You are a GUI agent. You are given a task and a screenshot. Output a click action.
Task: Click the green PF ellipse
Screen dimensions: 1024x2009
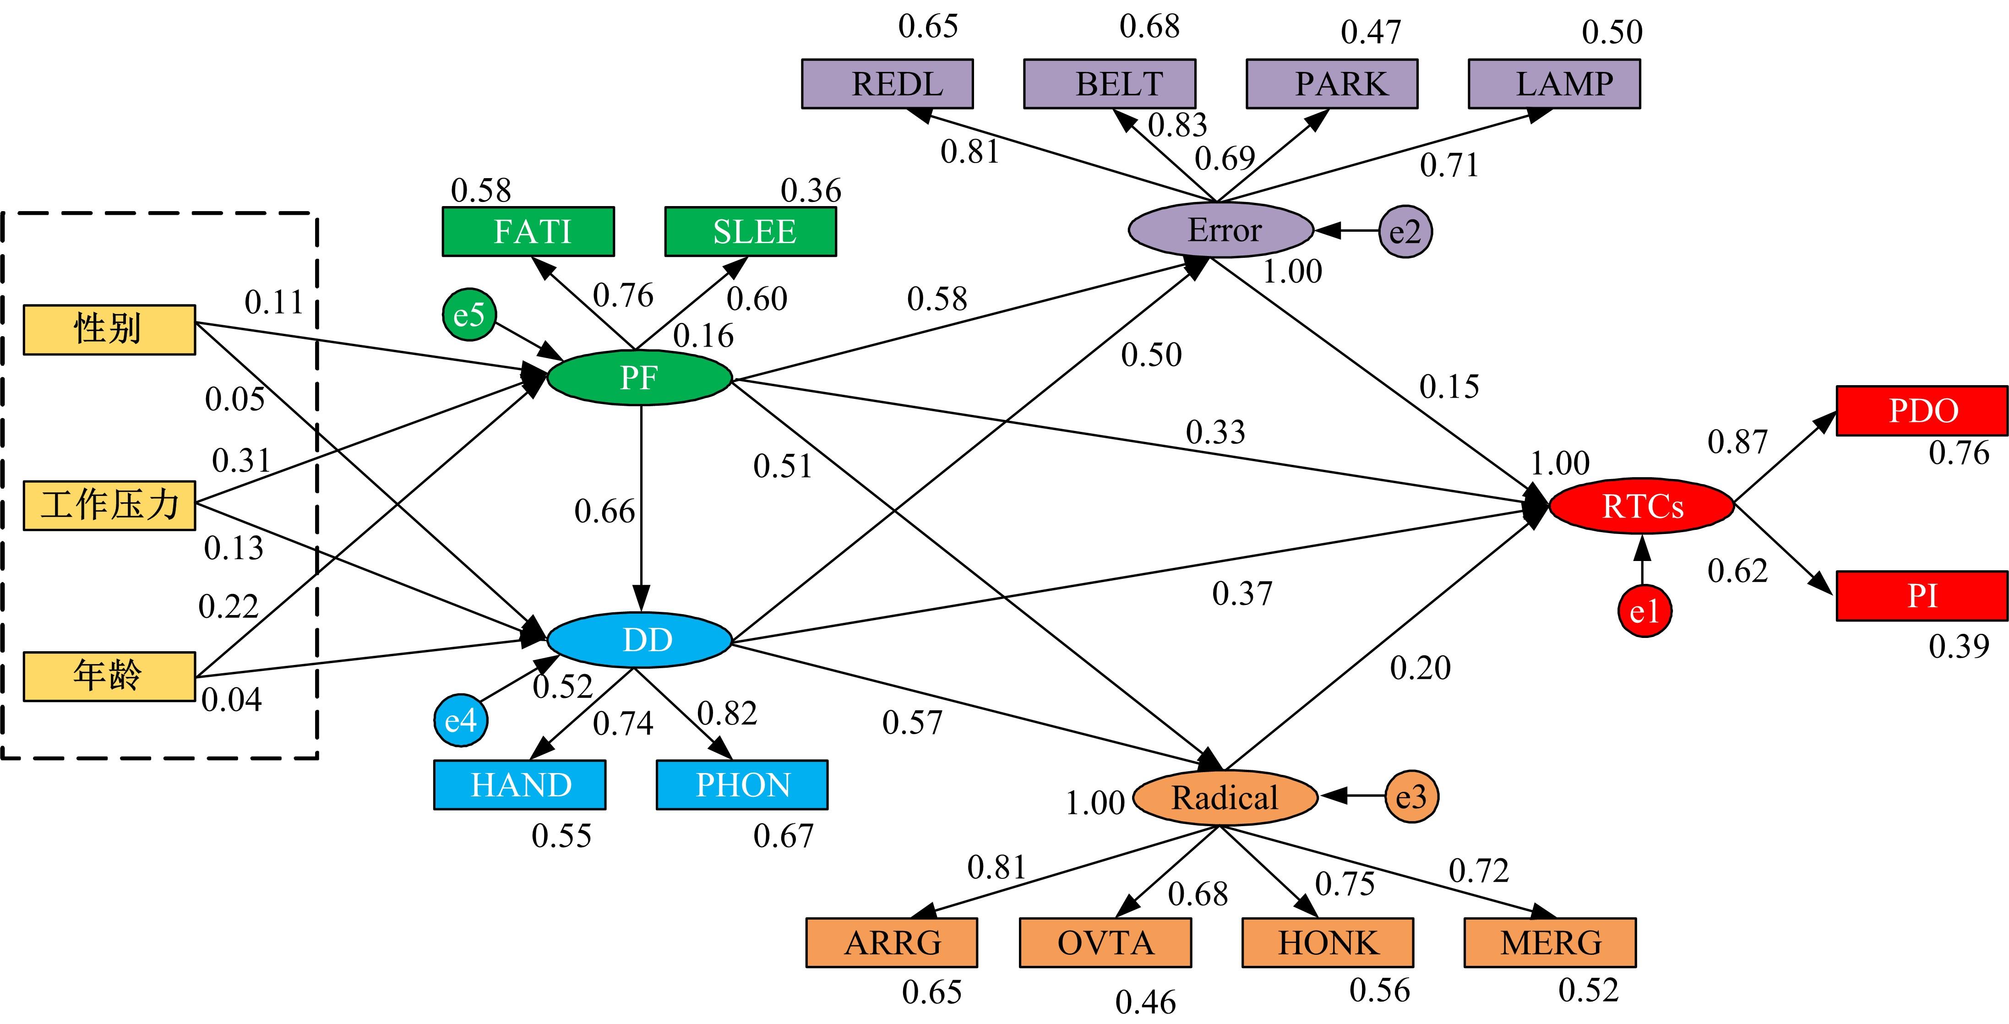639,378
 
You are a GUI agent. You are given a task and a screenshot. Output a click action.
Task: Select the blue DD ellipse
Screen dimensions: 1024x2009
639,639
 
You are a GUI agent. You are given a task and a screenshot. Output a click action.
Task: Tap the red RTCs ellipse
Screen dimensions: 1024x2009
1642,506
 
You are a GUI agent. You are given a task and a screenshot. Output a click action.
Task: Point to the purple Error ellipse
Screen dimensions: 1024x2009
1222,230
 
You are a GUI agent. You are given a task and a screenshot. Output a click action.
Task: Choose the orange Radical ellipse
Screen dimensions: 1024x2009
1225,797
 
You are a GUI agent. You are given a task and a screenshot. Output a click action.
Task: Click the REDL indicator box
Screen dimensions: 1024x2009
887,83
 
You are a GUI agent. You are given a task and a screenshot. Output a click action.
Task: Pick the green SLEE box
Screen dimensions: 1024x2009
750,232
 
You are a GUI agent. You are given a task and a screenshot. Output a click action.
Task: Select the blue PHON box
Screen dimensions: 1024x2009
742,784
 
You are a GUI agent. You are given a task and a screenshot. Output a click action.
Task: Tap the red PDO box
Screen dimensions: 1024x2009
1922,410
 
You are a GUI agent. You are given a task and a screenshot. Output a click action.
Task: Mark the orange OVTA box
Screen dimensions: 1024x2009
1105,943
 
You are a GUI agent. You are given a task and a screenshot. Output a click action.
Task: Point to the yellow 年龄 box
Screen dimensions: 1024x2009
109,675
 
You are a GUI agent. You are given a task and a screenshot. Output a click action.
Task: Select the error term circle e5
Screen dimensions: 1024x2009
469,314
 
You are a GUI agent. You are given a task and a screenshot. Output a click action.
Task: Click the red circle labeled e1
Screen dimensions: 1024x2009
1644,610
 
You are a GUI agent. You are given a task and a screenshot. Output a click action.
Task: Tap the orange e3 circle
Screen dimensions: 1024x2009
1411,796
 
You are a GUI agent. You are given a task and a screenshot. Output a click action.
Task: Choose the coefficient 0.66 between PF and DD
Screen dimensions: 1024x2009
604,512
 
